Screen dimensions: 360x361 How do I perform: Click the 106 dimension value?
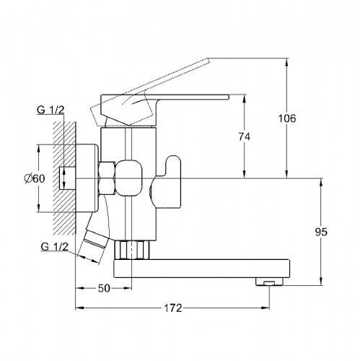click(287, 118)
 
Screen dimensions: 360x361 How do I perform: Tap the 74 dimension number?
click(245, 136)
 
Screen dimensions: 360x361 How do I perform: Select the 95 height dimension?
click(321, 232)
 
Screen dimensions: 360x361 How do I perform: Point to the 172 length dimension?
click(173, 308)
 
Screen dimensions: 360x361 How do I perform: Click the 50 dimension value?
click(104, 288)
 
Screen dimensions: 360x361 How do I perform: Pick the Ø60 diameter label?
click(35, 178)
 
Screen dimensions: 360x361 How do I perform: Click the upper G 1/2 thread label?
click(51, 110)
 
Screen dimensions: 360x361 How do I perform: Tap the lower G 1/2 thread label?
click(55, 247)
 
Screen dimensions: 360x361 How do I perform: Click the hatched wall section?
click(64, 178)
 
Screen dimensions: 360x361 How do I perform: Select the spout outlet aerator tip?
click(269, 282)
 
